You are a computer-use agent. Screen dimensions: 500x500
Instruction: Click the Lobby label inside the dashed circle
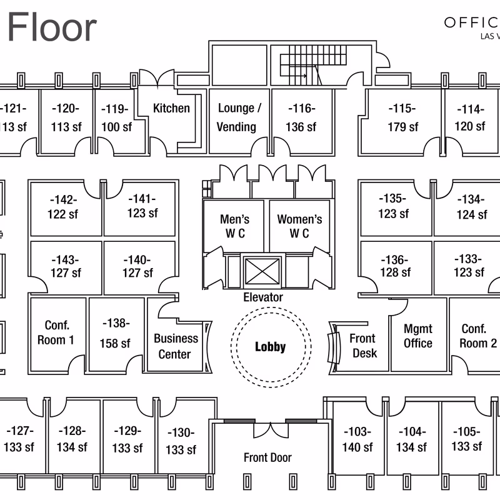click(270, 347)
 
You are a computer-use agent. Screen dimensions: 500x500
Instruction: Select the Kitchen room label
click(171, 108)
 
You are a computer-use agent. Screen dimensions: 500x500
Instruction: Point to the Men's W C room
click(234, 226)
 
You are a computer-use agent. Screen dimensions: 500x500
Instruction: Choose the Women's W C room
click(299, 226)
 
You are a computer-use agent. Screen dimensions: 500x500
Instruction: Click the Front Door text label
click(267, 457)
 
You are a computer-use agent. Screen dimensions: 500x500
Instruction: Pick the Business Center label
click(176, 346)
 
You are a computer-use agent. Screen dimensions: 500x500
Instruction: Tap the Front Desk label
click(362, 346)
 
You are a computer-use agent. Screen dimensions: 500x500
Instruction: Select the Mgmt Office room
click(417, 336)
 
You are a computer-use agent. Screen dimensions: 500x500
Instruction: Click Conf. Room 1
click(59, 332)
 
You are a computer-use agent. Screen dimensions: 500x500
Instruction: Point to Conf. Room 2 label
click(478, 336)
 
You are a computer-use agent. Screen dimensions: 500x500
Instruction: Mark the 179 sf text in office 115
click(402, 127)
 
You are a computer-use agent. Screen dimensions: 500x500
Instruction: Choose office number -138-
click(115, 324)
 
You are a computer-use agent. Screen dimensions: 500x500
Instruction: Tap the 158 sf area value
click(115, 343)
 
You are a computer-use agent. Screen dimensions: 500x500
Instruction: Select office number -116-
click(301, 109)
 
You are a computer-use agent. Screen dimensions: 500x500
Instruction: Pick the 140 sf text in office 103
click(357, 447)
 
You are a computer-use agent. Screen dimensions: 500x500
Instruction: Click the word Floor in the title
click(52, 27)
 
